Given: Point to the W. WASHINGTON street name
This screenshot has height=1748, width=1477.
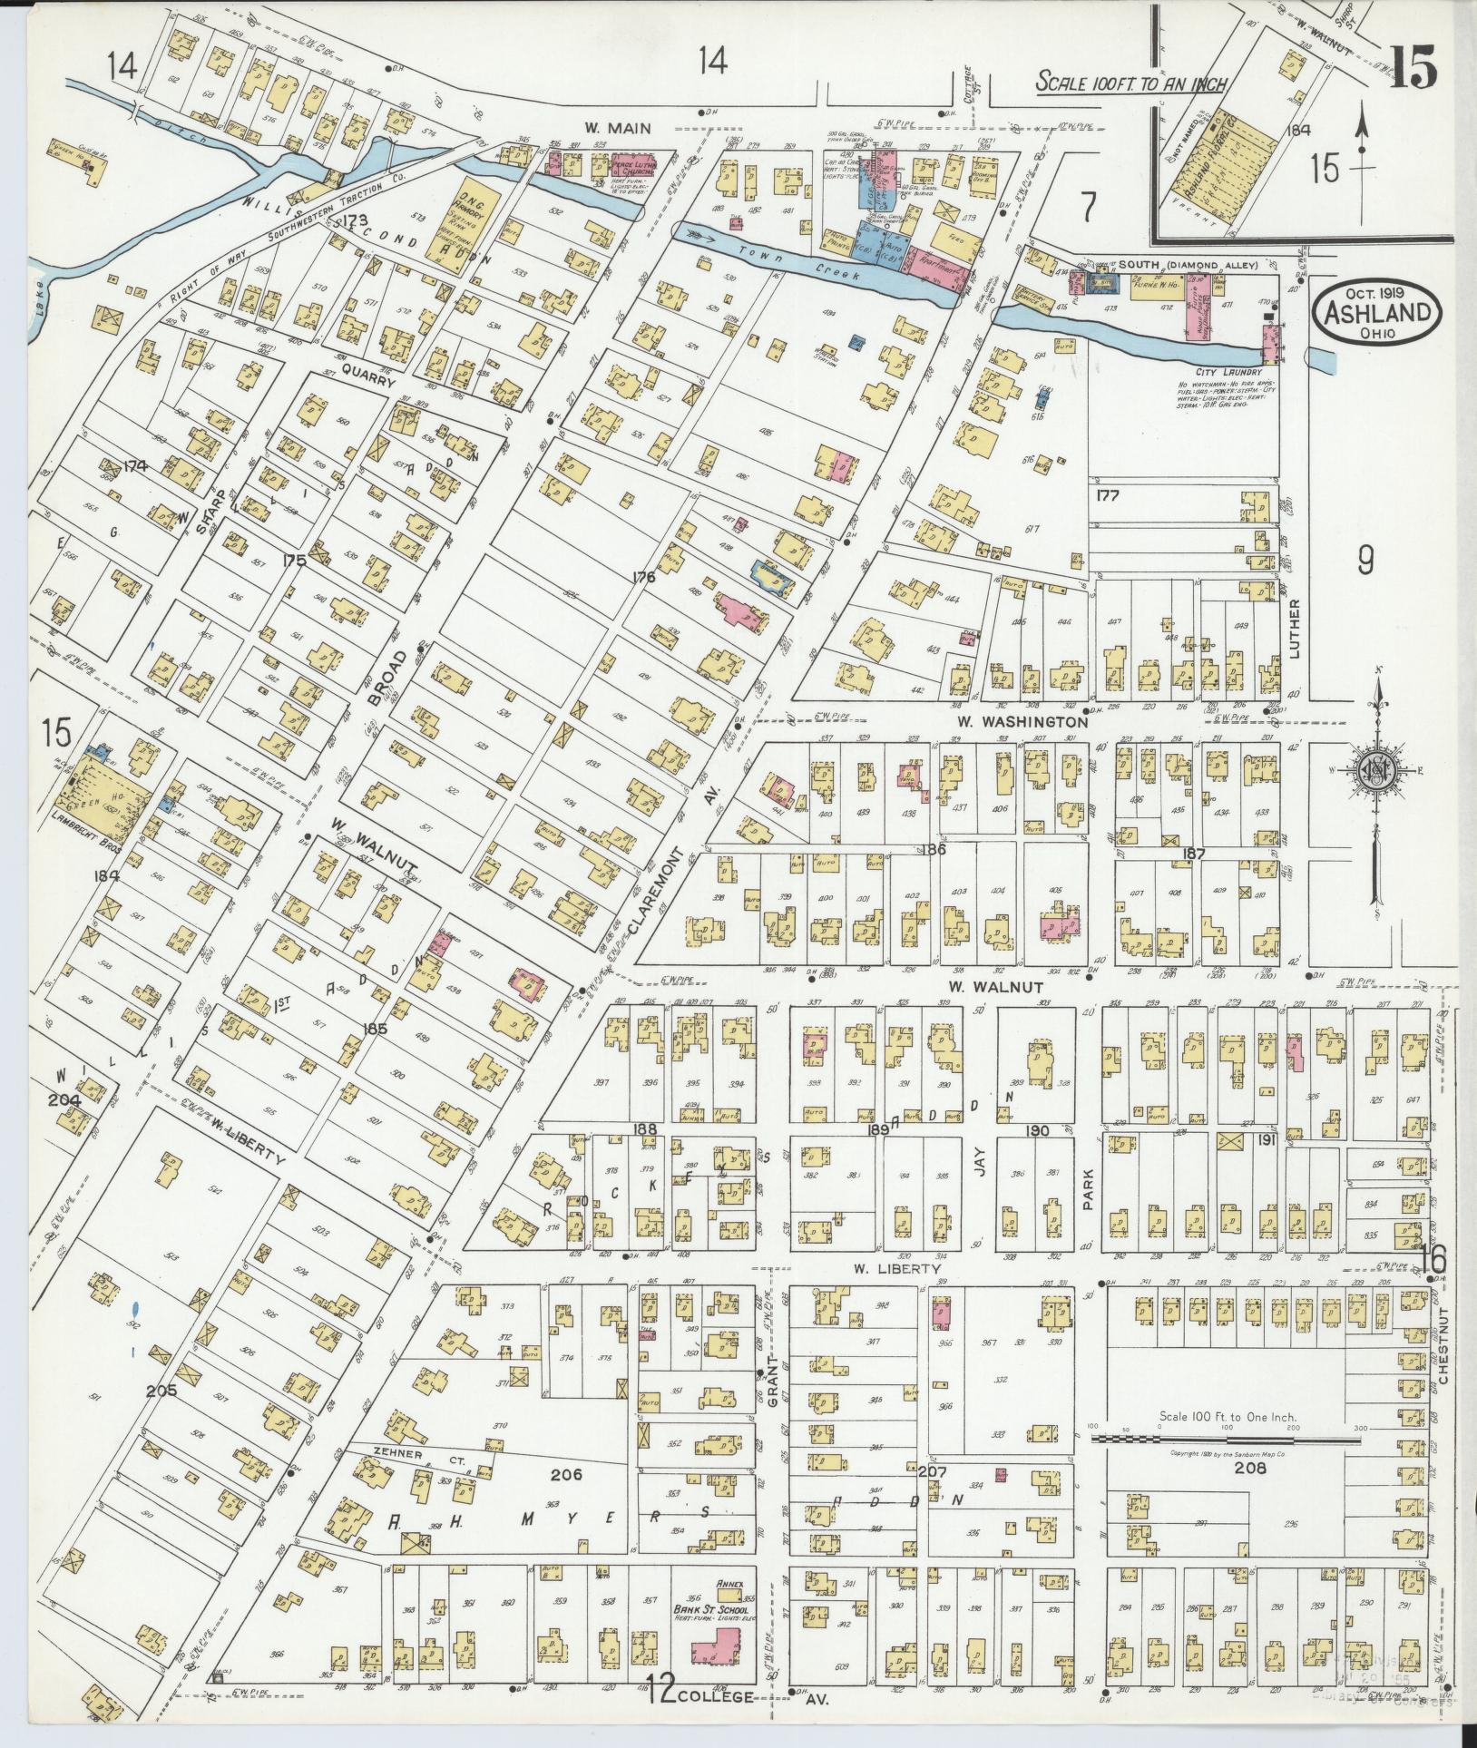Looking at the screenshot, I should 1021,722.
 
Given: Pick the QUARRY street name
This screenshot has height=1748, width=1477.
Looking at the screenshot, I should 369,384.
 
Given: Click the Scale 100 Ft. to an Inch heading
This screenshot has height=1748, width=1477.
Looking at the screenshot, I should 1131,83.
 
